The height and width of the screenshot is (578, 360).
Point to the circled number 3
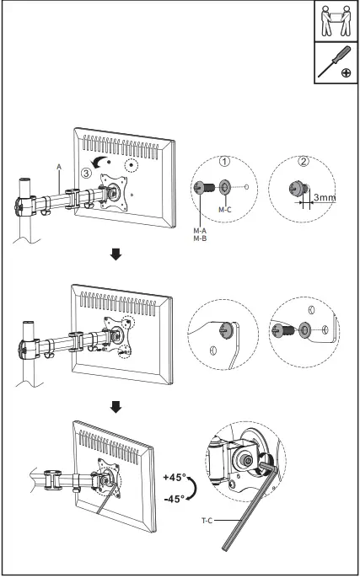pyautogui.click(x=86, y=172)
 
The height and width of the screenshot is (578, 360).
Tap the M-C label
pyautogui.click(x=224, y=208)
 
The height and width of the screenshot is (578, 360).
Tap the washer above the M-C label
pyautogui.click(x=224, y=187)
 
